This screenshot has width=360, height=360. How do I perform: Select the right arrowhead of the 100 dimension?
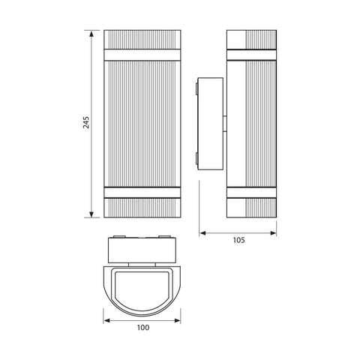coord(180,319)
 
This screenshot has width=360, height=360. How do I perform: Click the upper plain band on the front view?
coord(142,54)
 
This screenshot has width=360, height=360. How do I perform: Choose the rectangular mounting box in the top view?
coord(142,250)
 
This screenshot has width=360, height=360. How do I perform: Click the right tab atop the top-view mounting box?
coord(163,238)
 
